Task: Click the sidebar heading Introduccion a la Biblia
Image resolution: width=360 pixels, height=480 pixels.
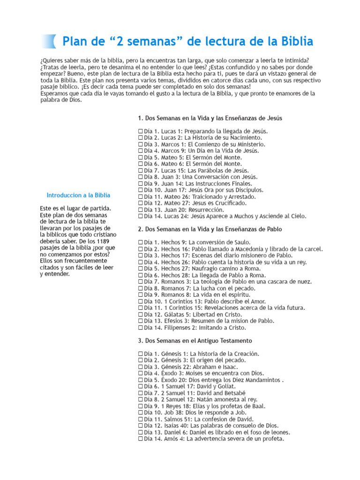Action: [79, 195]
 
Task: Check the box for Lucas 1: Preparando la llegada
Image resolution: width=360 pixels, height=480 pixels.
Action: [141, 131]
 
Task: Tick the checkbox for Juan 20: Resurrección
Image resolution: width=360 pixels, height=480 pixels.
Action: [141, 210]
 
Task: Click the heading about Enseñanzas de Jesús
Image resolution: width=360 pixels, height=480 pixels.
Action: [210, 118]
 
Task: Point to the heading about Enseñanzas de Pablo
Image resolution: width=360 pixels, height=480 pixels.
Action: [210, 229]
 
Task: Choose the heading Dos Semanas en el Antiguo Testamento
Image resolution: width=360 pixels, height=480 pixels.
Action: [195, 341]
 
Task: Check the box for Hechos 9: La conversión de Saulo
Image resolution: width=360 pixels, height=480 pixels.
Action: [141, 243]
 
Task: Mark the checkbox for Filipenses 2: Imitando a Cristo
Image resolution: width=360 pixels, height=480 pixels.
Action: [141, 328]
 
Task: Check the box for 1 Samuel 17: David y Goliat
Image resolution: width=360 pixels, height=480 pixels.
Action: [141, 387]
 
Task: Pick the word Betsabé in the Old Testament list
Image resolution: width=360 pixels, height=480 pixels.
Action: [235, 393]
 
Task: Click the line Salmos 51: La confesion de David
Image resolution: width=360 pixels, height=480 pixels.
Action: [198, 420]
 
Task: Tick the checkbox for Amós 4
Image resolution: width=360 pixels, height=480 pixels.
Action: [141, 439]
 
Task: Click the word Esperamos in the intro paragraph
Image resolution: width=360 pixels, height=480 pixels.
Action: [54, 93]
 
